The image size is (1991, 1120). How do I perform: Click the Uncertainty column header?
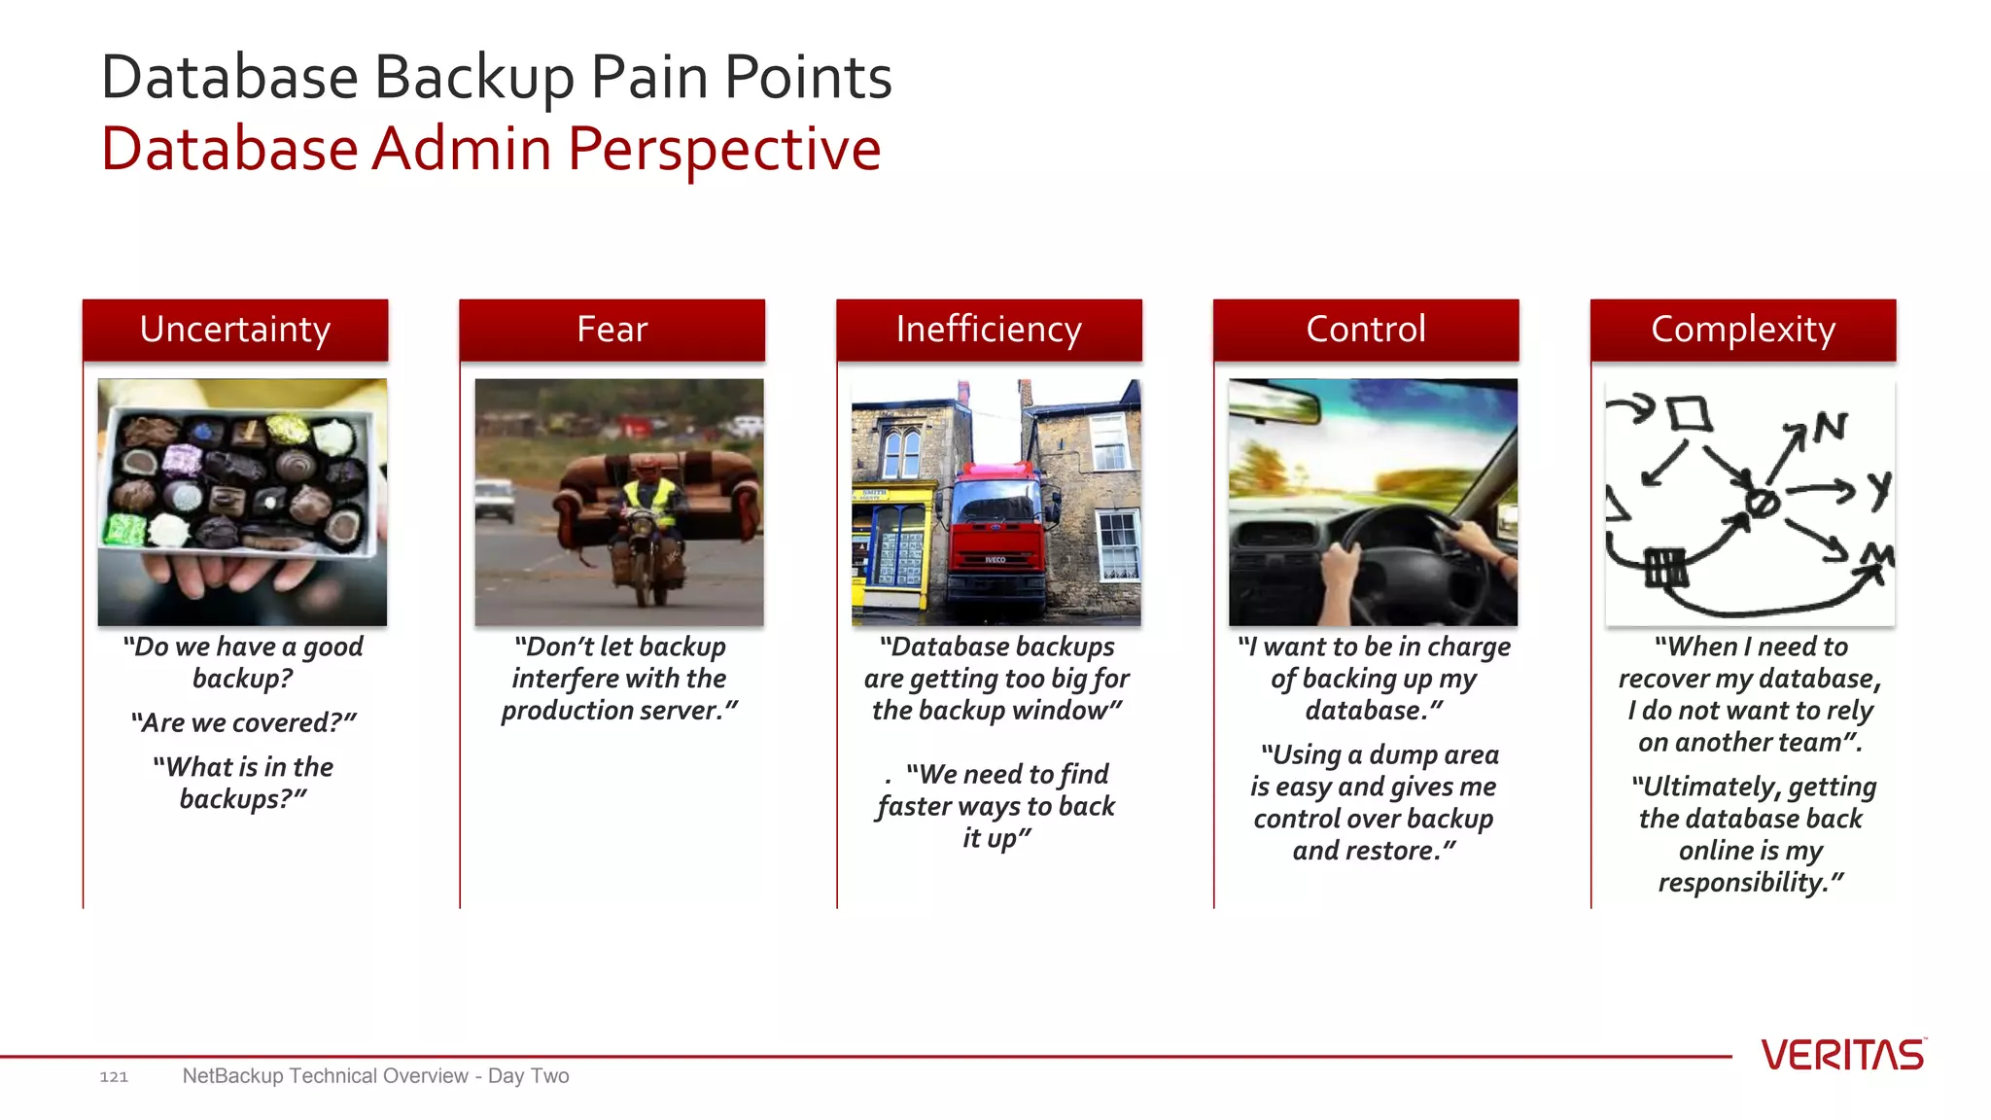click(x=235, y=330)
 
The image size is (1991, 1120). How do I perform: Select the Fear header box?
click(x=611, y=330)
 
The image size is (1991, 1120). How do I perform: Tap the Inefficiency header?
click(x=989, y=330)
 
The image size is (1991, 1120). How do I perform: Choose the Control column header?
click(x=1366, y=330)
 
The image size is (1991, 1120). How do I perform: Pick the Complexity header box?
click(x=1743, y=330)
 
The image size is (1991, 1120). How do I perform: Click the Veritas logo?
click(x=1842, y=1055)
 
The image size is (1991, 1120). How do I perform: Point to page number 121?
click(x=114, y=1076)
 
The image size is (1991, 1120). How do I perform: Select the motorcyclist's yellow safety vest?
click(x=649, y=501)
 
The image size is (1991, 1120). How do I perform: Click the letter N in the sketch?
click(x=1830, y=427)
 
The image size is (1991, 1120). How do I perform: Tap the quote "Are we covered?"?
click(x=243, y=722)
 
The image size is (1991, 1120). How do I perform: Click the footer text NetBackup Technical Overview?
click(x=325, y=1076)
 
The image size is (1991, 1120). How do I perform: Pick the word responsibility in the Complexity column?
click(x=1742, y=882)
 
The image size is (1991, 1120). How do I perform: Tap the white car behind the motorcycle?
click(x=495, y=499)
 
